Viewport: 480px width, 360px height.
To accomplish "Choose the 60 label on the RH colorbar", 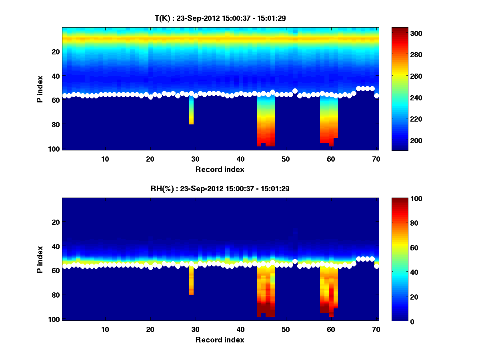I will pos(404,248).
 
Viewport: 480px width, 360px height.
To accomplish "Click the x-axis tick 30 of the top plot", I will pos(195,159).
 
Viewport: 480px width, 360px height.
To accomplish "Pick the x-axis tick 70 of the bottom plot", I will pos(376,329).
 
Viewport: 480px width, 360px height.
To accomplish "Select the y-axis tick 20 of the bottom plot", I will pos(56,222).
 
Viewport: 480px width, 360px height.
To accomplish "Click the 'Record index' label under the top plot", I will pos(220,169).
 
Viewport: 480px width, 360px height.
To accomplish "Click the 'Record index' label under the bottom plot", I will pos(220,340).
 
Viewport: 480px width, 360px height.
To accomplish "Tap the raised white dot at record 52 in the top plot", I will pos(295,91).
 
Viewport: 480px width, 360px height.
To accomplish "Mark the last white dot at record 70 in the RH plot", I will pos(376,266).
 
